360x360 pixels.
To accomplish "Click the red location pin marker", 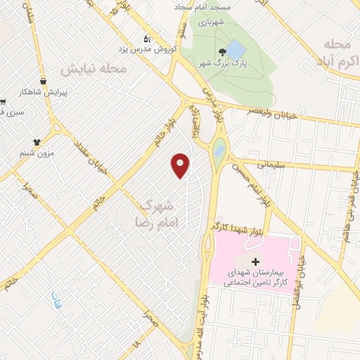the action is click(181, 165).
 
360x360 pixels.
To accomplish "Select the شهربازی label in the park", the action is click(210, 22).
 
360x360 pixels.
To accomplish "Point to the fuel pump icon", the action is click(146, 38).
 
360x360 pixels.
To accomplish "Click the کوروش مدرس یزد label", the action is click(146, 50).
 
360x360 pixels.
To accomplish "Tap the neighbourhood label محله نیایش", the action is click(93, 70).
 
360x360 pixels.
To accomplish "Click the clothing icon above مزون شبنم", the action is click(56, 139).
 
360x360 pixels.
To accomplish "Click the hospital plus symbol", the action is click(255, 262).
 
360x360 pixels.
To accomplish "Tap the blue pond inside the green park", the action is click(235, 49).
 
